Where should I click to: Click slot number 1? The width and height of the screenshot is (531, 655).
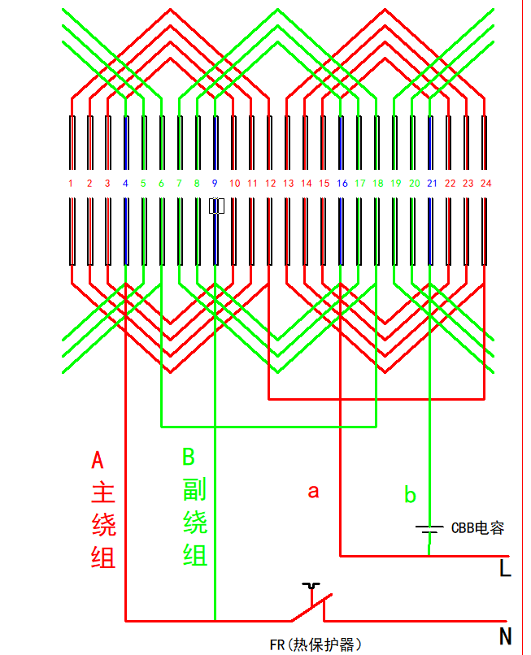[x=71, y=184]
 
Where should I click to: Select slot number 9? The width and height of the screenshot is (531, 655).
[x=215, y=184]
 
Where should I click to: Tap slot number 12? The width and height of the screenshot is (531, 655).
[x=270, y=184]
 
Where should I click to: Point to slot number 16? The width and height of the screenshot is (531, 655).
[x=342, y=184]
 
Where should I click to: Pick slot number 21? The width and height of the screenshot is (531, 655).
[x=431, y=184]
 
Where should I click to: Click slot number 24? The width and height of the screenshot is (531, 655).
[x=485, y=184]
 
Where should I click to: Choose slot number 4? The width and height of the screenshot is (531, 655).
[x=125, y=184]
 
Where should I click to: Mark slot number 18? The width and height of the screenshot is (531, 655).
[x=378, y=184]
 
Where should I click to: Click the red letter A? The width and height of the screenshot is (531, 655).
[x=98, y=461]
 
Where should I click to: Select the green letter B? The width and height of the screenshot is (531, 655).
[x=188, y=457]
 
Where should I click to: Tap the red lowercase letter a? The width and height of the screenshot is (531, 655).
[x=313, y=491]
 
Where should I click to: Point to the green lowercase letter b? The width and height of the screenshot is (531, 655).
[x=410, y=494]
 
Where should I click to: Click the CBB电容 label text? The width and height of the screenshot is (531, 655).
[x=477, y=528]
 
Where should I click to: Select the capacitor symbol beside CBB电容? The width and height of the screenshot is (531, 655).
[x=429, y=528]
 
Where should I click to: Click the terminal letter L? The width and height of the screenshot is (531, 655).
[x=505, y=569]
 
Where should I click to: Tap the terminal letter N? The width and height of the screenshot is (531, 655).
[x=505, y=635]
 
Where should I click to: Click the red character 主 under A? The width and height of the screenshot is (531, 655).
[x=103, y=492]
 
